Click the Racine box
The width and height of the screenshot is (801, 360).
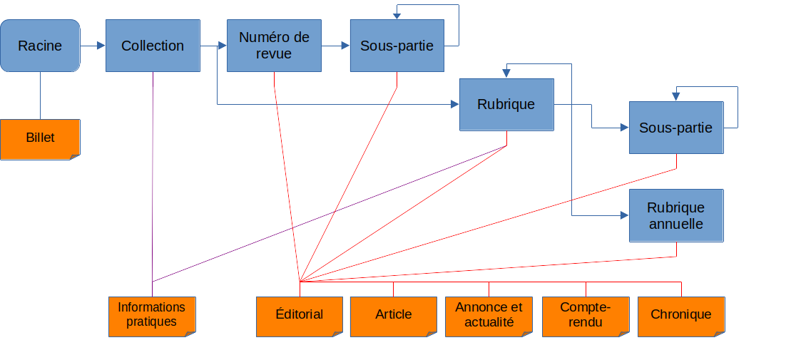(x=40, y=46)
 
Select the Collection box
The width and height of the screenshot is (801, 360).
(x=152, y=46)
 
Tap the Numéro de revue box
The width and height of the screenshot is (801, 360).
(x=274, y=46)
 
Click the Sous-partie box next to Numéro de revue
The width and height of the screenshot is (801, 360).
(x=397, y=46)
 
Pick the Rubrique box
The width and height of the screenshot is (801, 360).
(x=506, y=104)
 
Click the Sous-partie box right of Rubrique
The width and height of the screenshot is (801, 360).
(x=675, y=128)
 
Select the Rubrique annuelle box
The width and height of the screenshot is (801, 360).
(x=675, y=215)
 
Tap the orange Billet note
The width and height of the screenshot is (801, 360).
(x=40, y=138)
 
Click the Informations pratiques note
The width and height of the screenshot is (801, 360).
(x=151, y=315)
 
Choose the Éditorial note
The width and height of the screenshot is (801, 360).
(x=299, y=315)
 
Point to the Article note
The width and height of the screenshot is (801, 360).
(x=393, y=315)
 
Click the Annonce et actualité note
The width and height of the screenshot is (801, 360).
(x=489, y=315)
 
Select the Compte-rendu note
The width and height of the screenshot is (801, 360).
(x=586, y=315)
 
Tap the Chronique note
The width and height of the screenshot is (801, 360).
(x=681, y=315)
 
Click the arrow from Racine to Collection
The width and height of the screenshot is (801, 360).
(x=93, y=46)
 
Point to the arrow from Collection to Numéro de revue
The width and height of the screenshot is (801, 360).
(x=213, y=46)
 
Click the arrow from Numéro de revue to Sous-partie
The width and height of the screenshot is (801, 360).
(x=335, y=46)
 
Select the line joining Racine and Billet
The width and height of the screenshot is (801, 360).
(x=40, y=96)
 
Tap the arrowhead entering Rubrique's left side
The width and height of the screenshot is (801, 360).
(x=454, y=105)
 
